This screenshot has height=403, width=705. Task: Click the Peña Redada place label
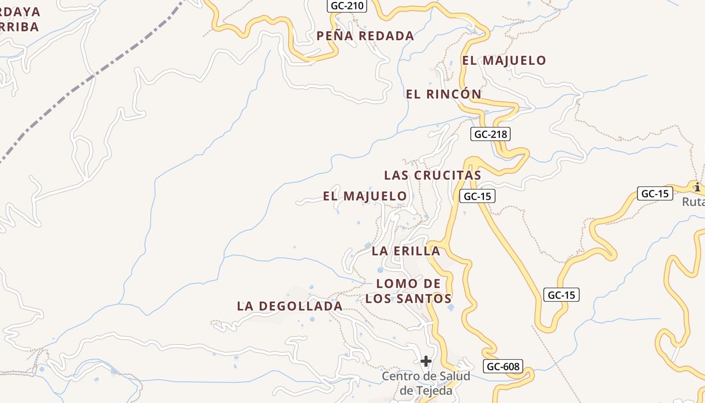click(x=365, y=36)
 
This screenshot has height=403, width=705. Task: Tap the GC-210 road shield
click(x=347, y=6)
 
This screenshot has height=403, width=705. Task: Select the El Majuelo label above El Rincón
click(x=504, y=61)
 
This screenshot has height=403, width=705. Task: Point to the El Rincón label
click(x=444, y=94)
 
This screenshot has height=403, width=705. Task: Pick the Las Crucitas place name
click(x=433, y=175)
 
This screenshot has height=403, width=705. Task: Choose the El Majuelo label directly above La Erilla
click(x=365, y=196)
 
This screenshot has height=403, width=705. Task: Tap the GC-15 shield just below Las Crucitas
click(x=477, y=196)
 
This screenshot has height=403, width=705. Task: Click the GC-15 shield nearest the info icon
click(x=655, y=193)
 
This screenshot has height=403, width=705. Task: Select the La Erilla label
click(x=406, y=251)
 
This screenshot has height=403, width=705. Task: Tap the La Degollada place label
click(x=290, y=306)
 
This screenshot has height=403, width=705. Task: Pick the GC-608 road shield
click(x=502, y=367)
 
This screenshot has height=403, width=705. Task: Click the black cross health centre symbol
click(x=426, y=361)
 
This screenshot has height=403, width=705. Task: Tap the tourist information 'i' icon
click(x=697, y=187)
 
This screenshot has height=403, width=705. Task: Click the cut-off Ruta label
click(x=693, y=202)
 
